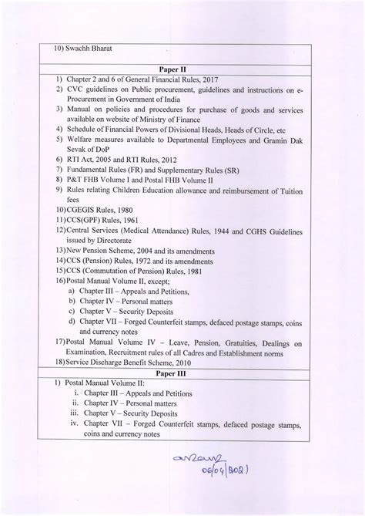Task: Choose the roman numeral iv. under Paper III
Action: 75,424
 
